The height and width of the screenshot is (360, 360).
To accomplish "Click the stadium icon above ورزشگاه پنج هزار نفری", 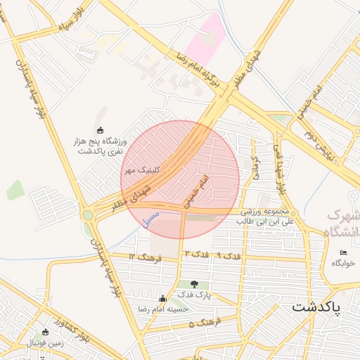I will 99,130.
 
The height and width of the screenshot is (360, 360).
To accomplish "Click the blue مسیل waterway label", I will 151,217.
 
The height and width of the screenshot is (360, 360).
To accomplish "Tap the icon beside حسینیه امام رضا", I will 164,298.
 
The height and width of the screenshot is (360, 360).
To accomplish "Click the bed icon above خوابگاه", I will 343,253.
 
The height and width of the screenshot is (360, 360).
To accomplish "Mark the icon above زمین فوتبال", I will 46,332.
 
